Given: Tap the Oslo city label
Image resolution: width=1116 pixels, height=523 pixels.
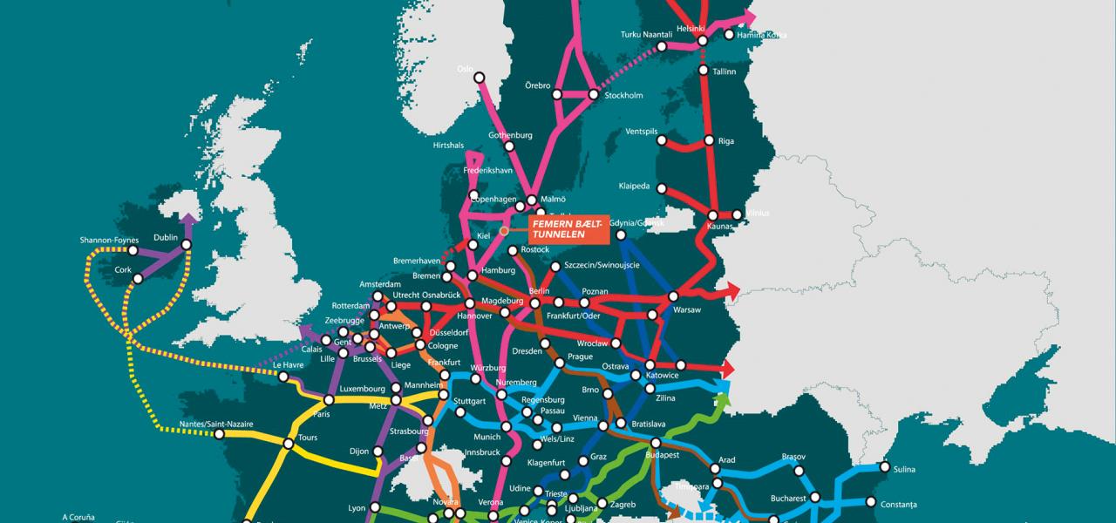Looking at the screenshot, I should (x=465, y=68).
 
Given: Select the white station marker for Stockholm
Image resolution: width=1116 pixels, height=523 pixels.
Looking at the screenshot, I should (x=593, y=95).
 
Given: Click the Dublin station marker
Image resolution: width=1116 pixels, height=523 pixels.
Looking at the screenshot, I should (x=187, y=247).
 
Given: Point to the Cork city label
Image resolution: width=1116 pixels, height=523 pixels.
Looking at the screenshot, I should (x=123, y=269).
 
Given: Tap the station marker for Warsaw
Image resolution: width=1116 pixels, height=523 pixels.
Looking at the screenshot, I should (x=672, y=297).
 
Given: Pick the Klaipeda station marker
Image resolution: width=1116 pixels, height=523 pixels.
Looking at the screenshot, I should (x=662, y=188).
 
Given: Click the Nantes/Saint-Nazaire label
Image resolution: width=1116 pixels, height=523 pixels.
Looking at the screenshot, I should (x=211, y=424).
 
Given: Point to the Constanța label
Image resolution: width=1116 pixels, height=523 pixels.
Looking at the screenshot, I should (x=899, y=505).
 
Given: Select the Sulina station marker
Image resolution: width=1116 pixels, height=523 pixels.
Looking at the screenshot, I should (x=885, y=468).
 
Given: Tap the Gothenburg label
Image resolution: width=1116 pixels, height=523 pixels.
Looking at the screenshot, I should (x=510, y=135).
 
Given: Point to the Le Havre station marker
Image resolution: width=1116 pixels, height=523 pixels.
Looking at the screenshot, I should (x=283, y=377).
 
